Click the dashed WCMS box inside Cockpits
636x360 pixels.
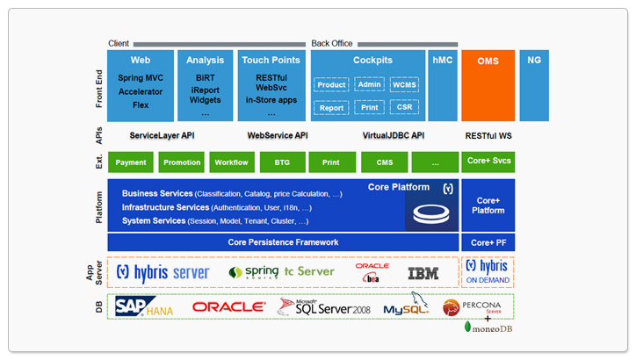pyautogui.click(x=406, y=85)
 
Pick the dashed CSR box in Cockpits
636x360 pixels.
pyautogui.click(x=406, y=108)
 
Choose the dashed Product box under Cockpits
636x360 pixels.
pyautogui.click(x=331, y=85)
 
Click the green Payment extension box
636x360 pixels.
pyautogui.click(x=131, y=162)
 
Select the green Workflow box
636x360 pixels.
pyautogui.click(x=231, y=162)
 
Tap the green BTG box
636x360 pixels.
pyautogui.click(x=281, y=162)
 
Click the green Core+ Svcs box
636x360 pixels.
pyautogui.click(x=488, y=162)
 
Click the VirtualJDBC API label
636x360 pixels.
pyautogui.click(x=393, y=136)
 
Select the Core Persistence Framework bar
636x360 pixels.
pyautogui.click(x=283, y=242)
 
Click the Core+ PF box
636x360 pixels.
pyautogui.click(x=488, y=242)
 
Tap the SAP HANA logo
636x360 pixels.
pyautogui.click(x=144, y=306)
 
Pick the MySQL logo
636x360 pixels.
pyautogui.click(x=405, y=308)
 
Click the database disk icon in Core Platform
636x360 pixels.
pyautogui.click(x=428, y=213)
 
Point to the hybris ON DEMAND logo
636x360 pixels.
pyautogui.click(x=487, y=271)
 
